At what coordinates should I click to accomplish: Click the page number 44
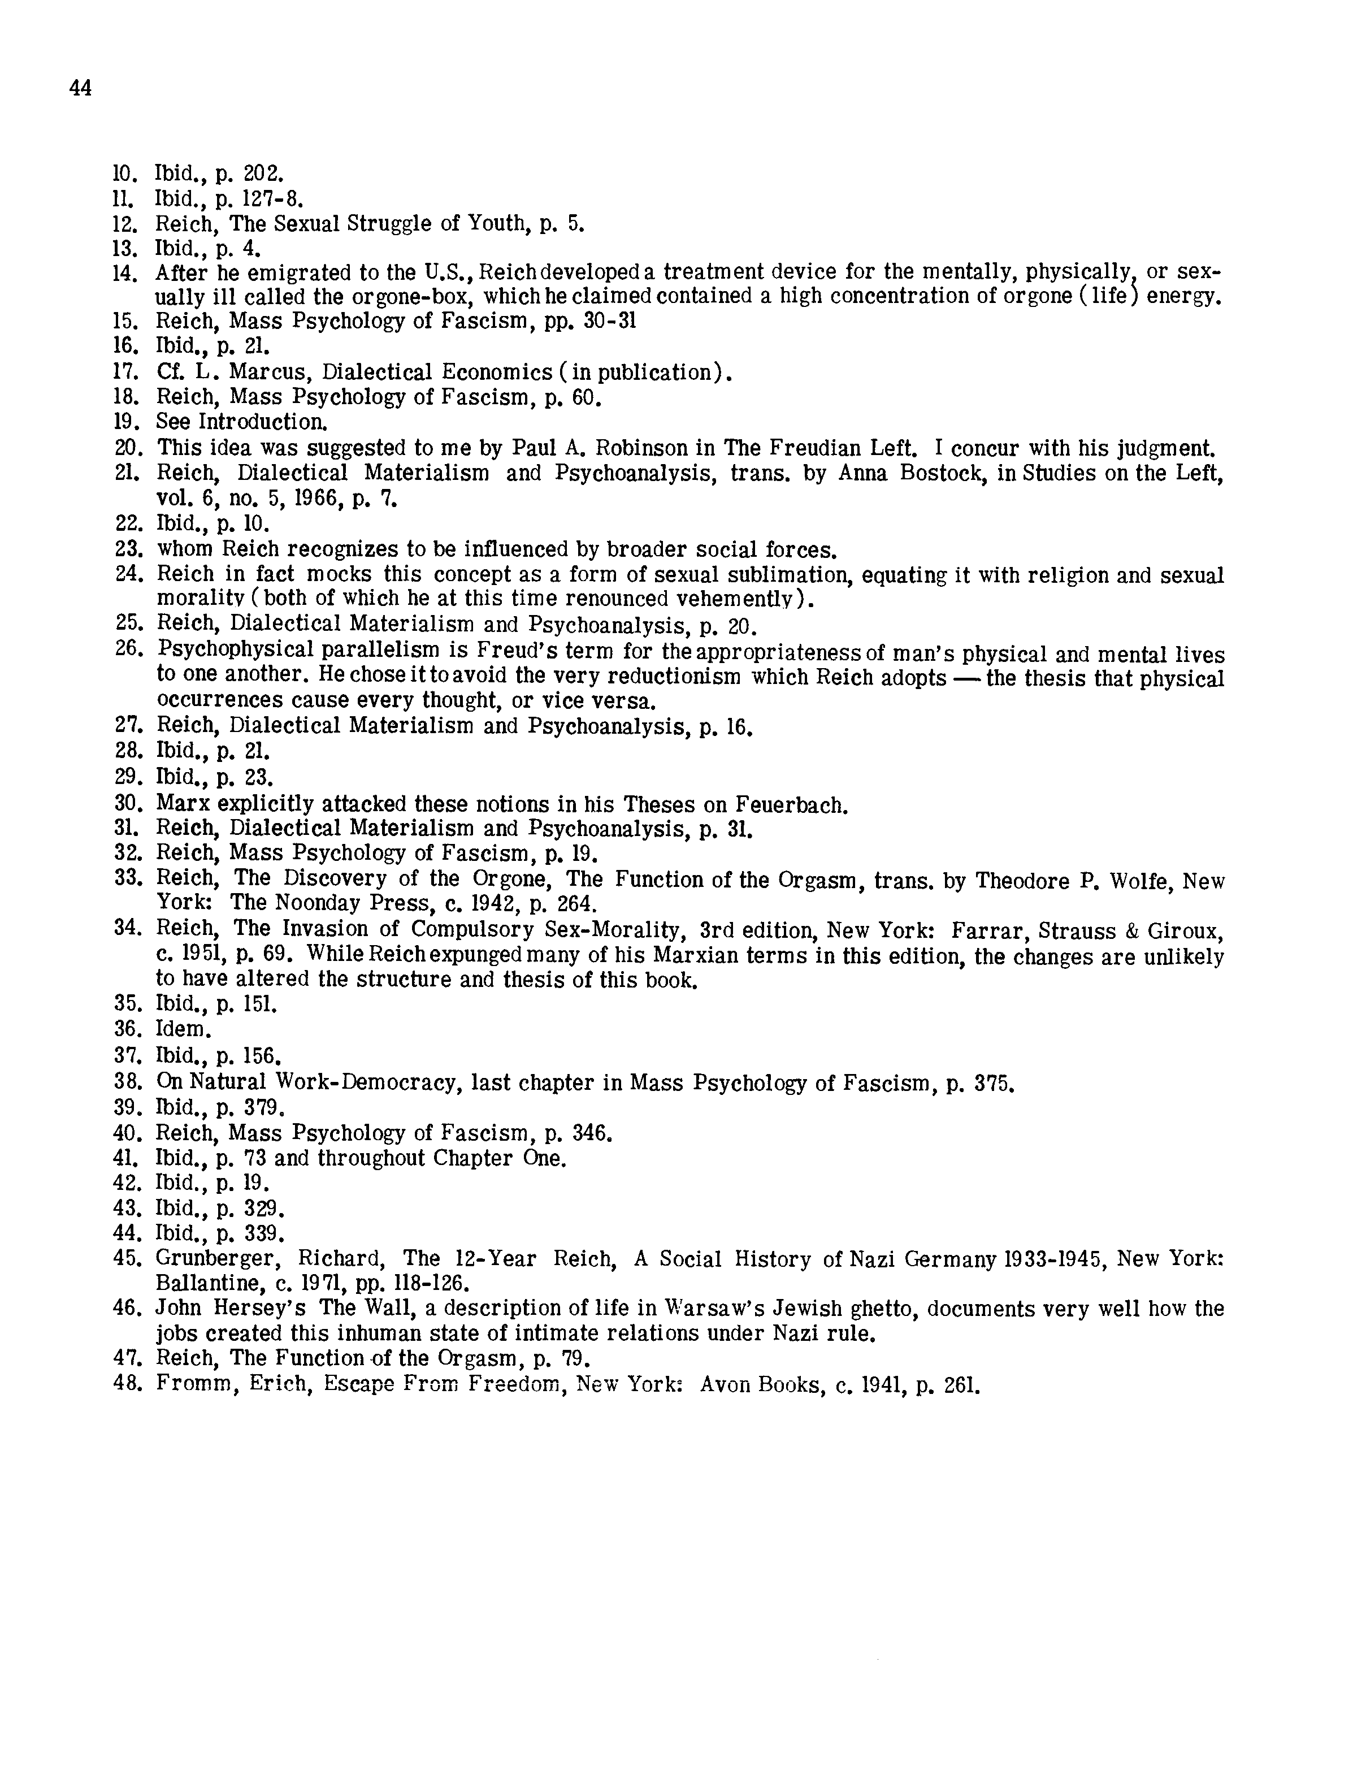[x=81, y=88]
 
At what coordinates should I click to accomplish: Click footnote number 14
[x=125, y=274]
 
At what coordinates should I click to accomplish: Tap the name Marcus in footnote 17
[x=264, y=372]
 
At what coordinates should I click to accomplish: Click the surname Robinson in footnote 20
[x=647, y=448]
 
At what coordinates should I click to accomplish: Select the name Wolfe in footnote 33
[x=1140, y=881]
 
